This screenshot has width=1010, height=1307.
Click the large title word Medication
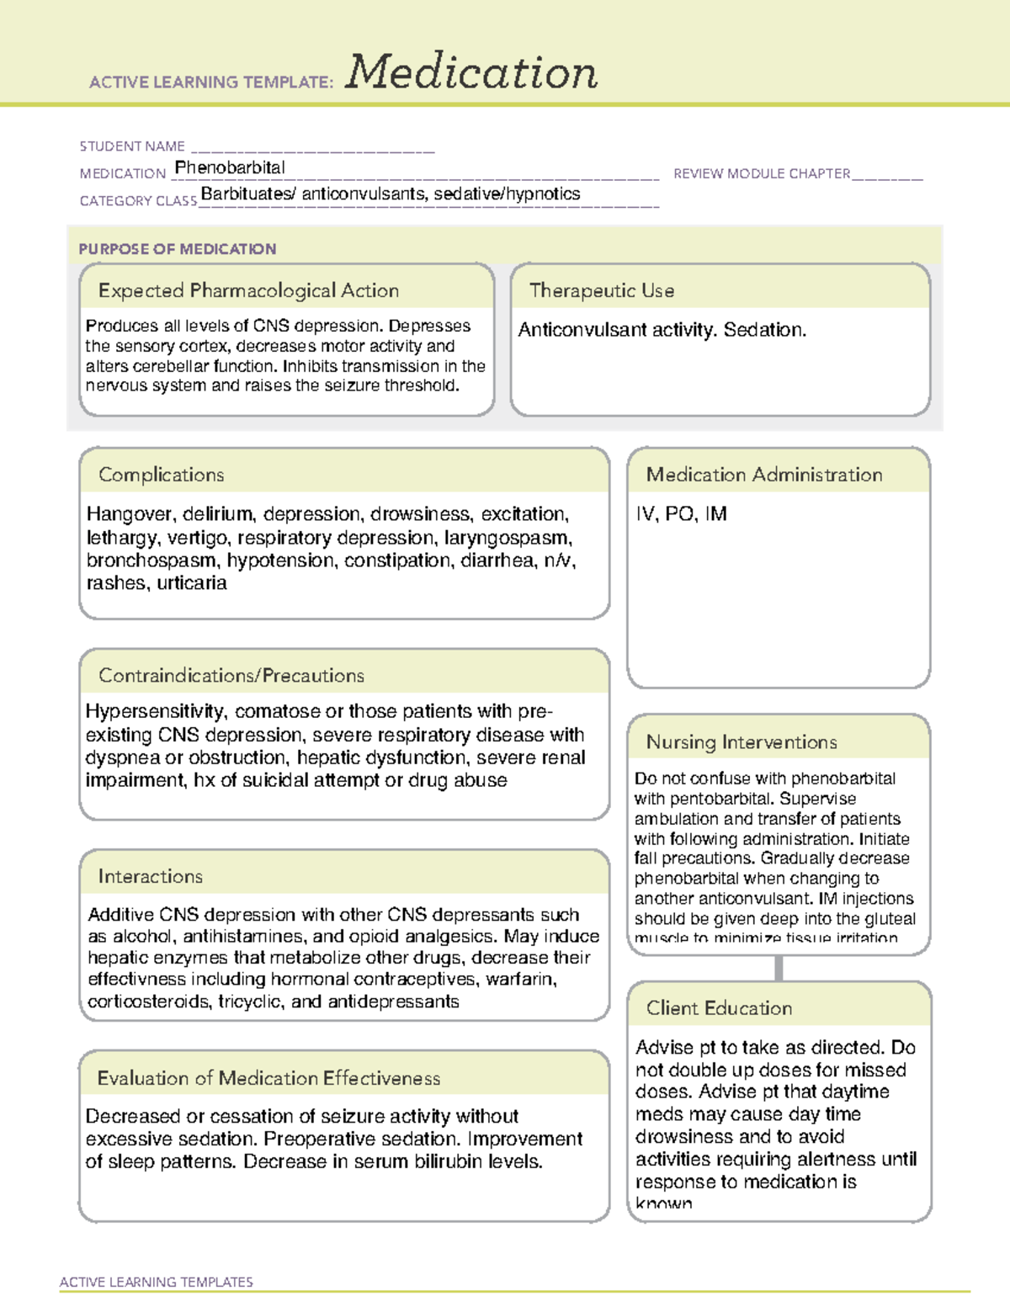click(x=470, y=72)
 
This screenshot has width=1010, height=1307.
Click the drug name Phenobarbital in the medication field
click(x=230, y=167)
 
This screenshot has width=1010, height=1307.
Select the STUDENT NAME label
click(x=132, y=146)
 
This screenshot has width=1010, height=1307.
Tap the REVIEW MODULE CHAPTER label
click(x=762, y=173)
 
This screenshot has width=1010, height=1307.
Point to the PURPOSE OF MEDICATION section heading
click(x=178, y=249)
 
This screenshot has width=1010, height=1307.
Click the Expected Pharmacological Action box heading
click(x=248, y=290)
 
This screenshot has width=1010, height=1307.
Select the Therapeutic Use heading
click(x=601, y=290)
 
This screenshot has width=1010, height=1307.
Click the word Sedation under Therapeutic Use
click(x=763, y=330)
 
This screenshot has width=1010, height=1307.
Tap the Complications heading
click(x=161, y=475)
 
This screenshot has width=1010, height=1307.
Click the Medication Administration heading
click(x=763, y=475)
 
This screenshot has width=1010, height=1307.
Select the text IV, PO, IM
click(x=681, y=514)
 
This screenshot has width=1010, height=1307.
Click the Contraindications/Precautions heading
click(x=231, y=675)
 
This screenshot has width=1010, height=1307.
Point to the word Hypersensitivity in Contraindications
click(x=155, y=712)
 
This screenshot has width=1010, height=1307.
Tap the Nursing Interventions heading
click(x=741, y=741)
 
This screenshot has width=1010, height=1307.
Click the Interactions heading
click(x=150, y=876)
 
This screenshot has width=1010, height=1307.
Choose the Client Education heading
click(x=719, y=1008)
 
